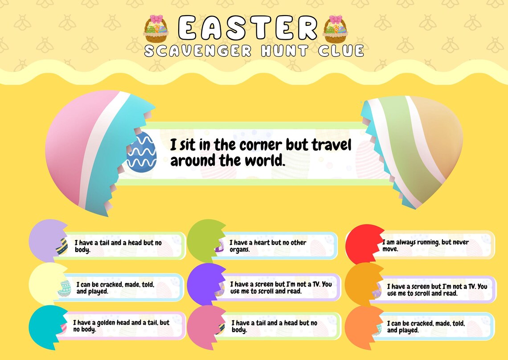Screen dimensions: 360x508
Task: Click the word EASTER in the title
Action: tap(249, 28)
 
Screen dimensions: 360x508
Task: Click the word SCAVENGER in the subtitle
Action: tap(198, 50)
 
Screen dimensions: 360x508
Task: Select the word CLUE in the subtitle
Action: tap(341, 50)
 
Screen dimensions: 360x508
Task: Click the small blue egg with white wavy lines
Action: tap(142, 152)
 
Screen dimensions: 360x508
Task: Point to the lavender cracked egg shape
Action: tap(45, 241)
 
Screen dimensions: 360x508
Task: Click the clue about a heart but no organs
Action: tap(267, 246)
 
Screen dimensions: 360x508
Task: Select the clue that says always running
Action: tap(425, 245)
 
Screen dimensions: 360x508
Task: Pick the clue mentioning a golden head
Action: tap(121, 326)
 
